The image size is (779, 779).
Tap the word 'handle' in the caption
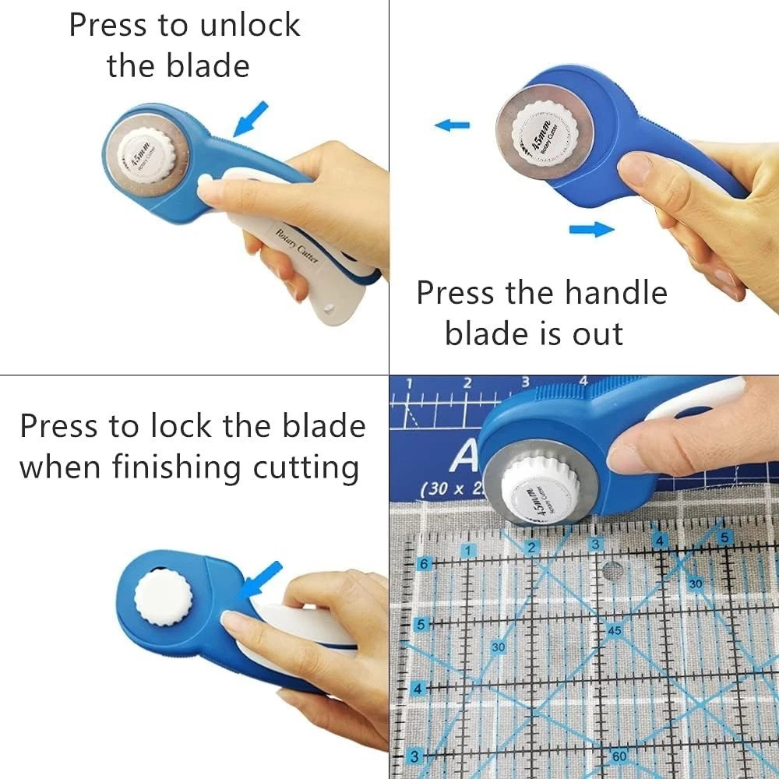(616, 293)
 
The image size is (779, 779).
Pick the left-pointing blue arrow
(453, 125)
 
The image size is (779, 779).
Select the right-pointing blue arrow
(591, 229)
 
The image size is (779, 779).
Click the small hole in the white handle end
(327, 306)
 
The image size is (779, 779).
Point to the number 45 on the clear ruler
(615, 630)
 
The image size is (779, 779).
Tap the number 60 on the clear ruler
(619, 756)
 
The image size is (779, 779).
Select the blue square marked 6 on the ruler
(425, 563)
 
